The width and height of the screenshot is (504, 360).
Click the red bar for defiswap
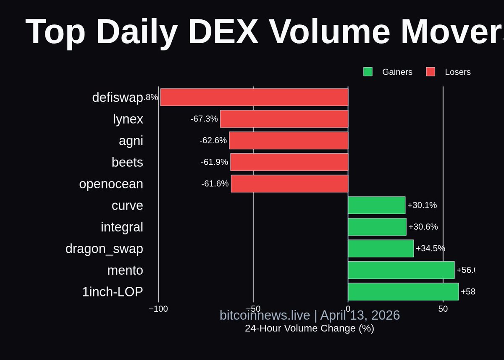coord(254,97)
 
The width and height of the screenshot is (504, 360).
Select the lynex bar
coord(284,119)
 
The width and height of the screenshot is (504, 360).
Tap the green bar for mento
coord(401,270)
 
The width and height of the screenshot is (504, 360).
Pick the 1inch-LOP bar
coord(403,292)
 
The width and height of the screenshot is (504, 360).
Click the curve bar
coord(376,205)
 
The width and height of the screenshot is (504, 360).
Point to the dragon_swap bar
coord(381,248)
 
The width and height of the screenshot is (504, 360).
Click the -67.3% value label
coord(204,119)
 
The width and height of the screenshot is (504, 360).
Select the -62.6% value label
coord(213,140)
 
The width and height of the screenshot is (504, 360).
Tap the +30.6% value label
coord(423,227)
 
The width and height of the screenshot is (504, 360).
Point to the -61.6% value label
coord(215,184)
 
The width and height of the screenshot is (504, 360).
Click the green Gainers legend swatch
coord(368,72)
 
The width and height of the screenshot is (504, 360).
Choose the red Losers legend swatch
coord(430,72)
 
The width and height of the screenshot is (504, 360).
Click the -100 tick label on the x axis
coord(158,309)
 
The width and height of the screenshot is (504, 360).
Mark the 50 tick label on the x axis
coord(443,309)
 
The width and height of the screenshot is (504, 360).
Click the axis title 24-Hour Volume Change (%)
coord(310,328)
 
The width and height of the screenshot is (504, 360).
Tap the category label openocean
coord(111,184)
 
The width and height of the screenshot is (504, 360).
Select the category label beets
coord(127,162)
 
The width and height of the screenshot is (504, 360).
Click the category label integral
coord(122,227)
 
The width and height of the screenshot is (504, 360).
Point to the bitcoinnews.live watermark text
coord(265,315)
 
